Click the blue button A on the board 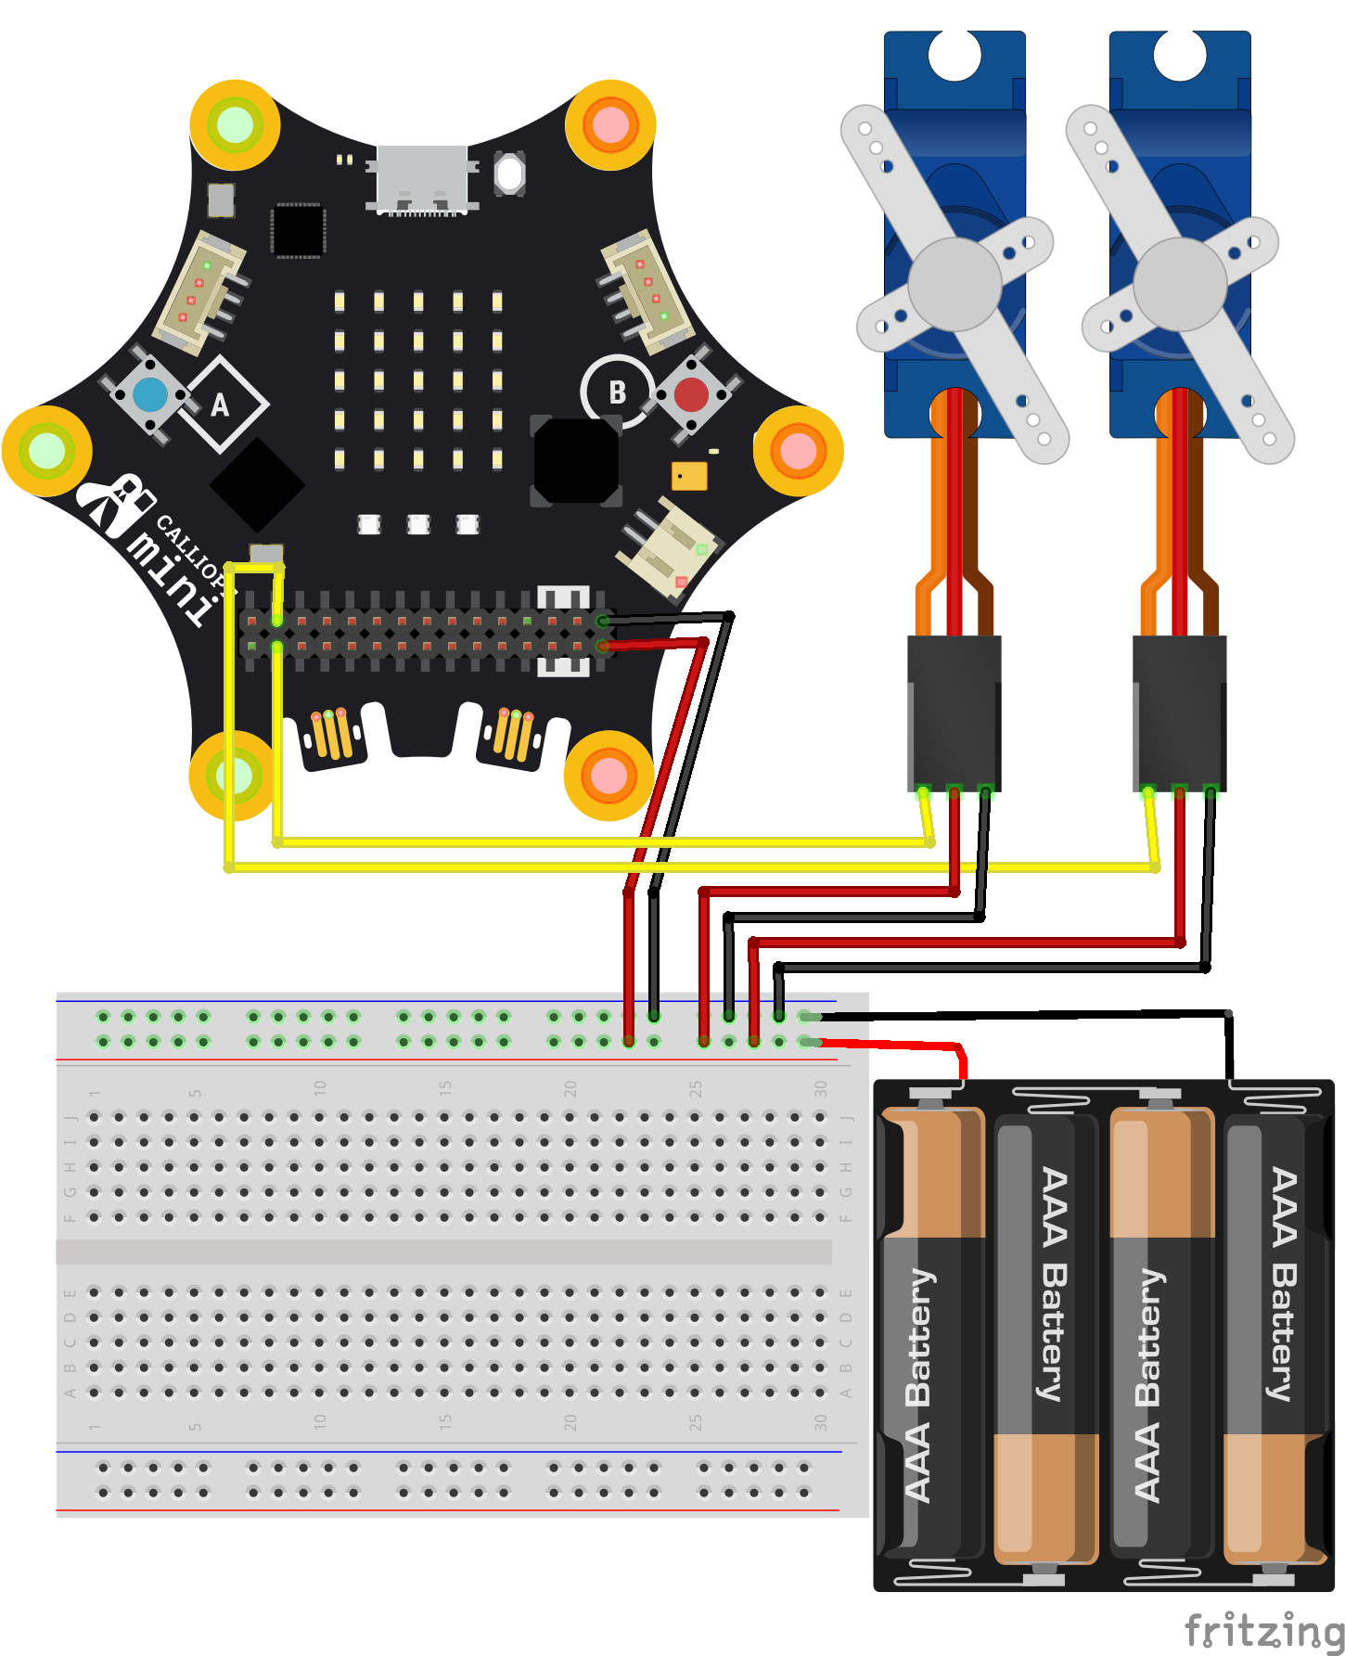point(150,395)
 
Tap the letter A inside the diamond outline point(220,404)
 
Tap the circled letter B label point(617,392)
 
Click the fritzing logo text point(1263,1630)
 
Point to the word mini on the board point(172,575)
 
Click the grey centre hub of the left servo point(954,284)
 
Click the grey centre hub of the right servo point(1180,284)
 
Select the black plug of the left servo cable point(954,710)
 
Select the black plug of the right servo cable point(1179,710)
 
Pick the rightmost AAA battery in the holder point(1275,1336)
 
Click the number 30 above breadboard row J point(820,1088)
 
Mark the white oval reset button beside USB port point(509,173)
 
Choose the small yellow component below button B point(689,476)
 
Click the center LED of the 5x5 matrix point(418,380)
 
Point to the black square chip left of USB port point(298,229)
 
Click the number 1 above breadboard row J point(94,1092)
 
